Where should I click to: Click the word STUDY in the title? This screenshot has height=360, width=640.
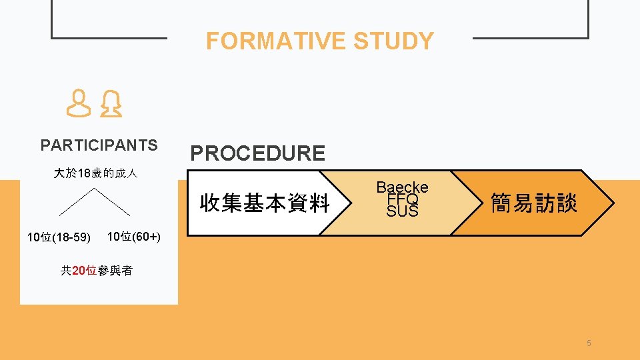pyautogui.click(x=393, y=41)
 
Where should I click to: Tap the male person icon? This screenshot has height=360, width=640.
pyautogui.click(x=79, y=105)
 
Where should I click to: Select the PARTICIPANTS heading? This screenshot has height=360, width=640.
pyautogui.click(x=99, y=145)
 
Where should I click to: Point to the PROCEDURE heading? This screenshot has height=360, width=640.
pyautogui.click(x=258, y=153)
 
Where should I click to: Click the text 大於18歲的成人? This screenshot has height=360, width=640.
pyautogui.click(x=95, y=174)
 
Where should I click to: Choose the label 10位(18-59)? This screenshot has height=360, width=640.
pyautogui.click(x=59, y=237)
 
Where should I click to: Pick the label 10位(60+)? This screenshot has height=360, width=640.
pyautogui.click(x=133, y=237)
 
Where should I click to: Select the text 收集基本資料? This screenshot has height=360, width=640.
pyautogui.click(x=265, y=203)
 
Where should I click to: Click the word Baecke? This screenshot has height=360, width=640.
pyautogui.click(x=402, y=187)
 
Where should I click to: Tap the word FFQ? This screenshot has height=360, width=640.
pyautogui.click(x=402, y=199)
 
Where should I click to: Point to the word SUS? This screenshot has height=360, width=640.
pyautogui.click(x=402, y=211)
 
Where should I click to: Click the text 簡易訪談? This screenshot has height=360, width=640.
pyautogui.click(x=534, y=203)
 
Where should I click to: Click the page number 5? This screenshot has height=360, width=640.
pyautogui.click(x=589, y=343)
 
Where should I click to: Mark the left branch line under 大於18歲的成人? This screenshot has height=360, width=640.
pyautogui.click(x=75, y=202)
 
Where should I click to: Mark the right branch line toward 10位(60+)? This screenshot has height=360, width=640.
pyautogui.click(x=111, y=202)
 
